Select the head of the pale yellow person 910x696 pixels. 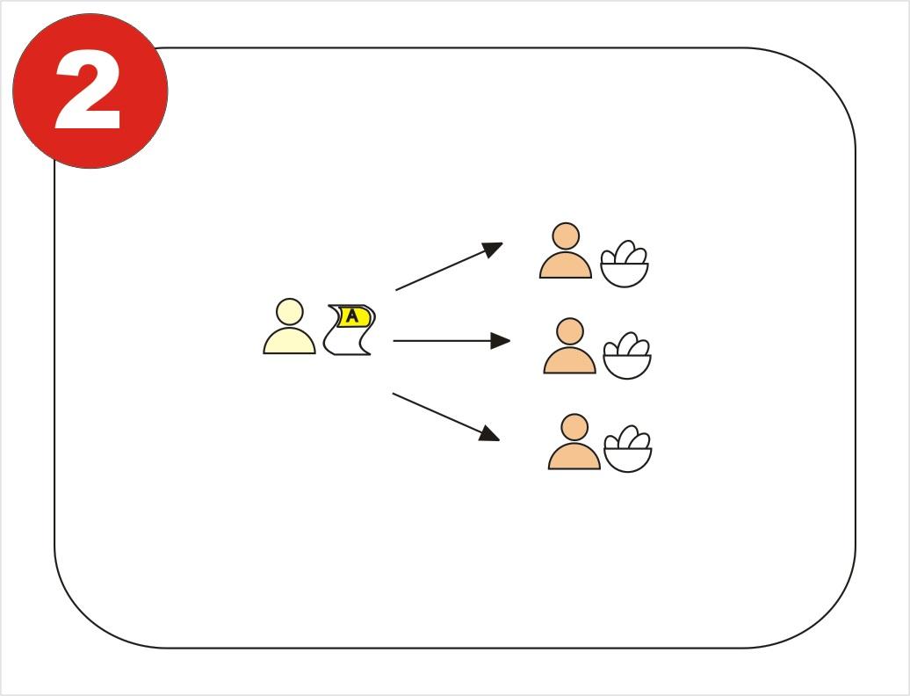290,312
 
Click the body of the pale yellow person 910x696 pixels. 290,341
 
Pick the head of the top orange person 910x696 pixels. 566,236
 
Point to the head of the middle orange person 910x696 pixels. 570,332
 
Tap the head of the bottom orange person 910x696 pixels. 574,428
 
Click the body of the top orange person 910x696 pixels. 566,265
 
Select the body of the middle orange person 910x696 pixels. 570,360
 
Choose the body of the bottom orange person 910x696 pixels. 574,456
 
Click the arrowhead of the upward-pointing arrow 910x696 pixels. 493,249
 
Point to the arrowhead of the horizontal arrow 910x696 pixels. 501,341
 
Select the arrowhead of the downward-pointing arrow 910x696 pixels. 490,433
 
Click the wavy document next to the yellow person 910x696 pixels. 349,330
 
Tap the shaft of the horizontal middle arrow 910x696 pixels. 442,341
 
